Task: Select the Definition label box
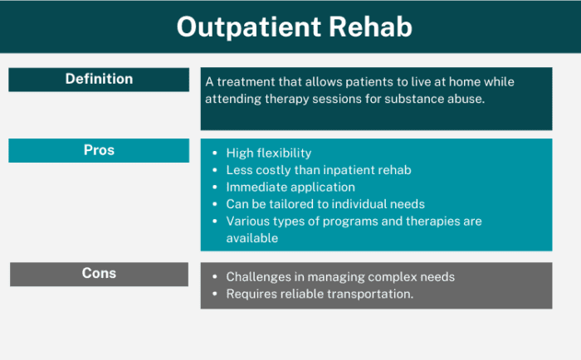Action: tap(99, 80)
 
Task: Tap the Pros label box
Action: tap(99, 151)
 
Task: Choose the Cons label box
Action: tap(99, 274)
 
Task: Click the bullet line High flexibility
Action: tap(268, 153)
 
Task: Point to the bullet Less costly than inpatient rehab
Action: tap(319, 170)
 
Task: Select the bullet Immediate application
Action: tap(290, 187)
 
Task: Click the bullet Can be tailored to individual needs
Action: tap(325, 204)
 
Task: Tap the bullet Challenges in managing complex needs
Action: tap(340, 277)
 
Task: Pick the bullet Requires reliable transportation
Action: tap(320, 294)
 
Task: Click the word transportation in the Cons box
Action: tap(371, 294)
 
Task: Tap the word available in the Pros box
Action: tap(251, 238)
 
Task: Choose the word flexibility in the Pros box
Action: tap(284, 153)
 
